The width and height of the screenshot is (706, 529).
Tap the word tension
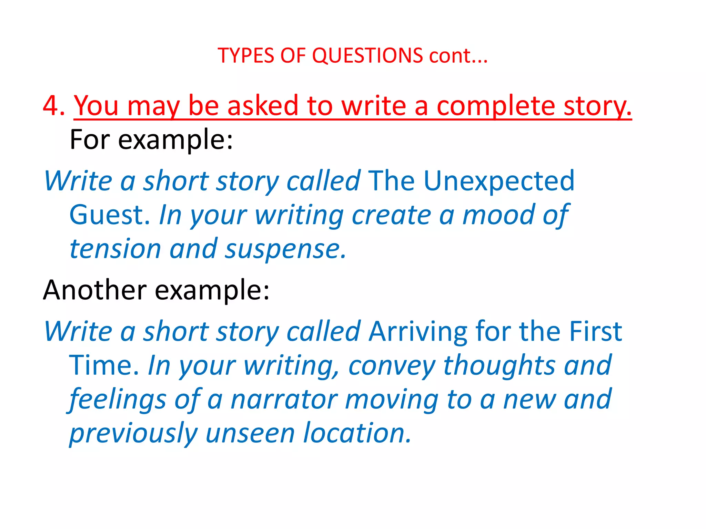point(115,249)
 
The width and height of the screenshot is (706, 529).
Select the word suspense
point(285,249)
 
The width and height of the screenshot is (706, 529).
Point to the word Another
point(95,290)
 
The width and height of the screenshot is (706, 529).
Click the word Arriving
point(418,331)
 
